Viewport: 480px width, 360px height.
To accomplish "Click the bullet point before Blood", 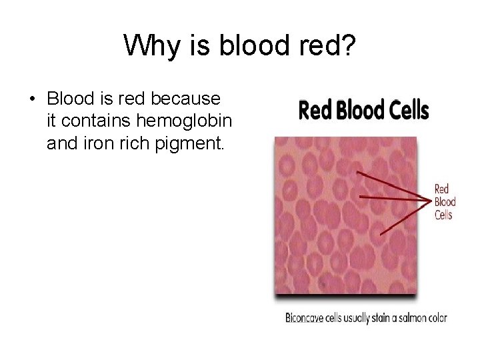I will [x=31, y=99].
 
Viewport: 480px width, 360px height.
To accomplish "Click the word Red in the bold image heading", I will [x=313, y=110].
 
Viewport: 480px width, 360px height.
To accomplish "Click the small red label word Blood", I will [x=445, y=202].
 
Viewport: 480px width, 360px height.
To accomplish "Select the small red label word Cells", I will [x=443, y=215].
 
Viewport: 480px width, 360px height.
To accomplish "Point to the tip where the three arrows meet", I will [x=431, y=198].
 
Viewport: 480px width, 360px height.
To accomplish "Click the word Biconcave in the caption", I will [x=304, y=318].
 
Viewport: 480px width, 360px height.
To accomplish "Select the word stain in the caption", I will [x=381, y=318].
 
